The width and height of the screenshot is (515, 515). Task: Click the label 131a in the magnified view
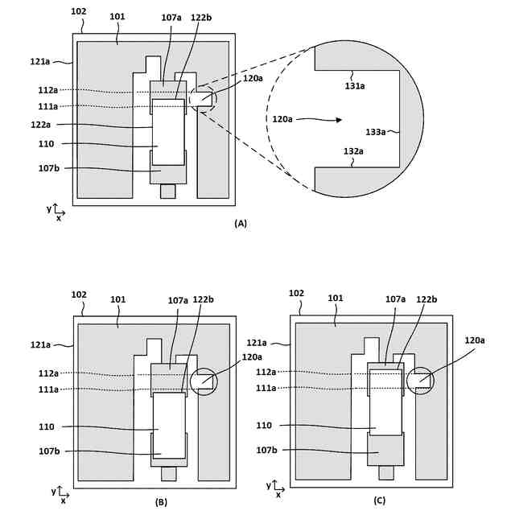pos(354,86)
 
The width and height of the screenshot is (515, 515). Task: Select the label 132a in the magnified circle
pos(353,151)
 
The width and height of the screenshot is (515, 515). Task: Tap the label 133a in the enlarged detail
pos(376,132)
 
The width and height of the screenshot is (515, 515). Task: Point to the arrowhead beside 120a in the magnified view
pos(339,120)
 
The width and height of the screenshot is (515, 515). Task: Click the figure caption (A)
pos(241,224)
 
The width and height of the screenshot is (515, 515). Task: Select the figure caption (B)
pos(161,502)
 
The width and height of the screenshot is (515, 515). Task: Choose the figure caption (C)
pos(379,501)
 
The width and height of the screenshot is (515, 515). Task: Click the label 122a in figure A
pos(41,125)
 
